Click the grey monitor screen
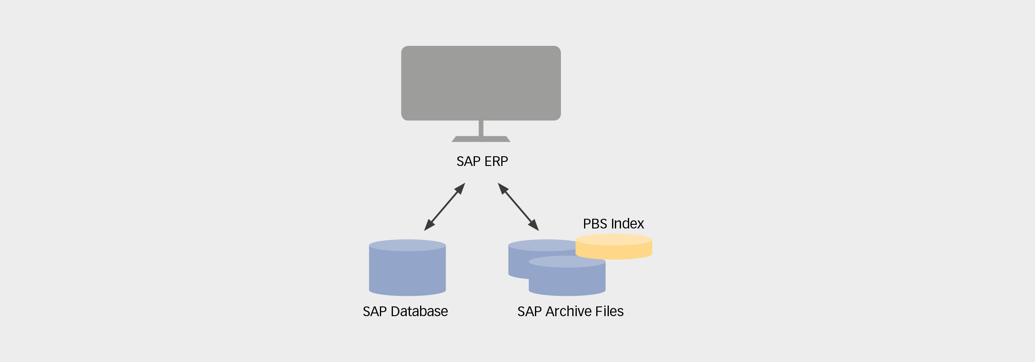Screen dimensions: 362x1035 point(481,83)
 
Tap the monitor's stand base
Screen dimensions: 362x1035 point(481,139)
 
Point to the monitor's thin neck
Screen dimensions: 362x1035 point(481,128)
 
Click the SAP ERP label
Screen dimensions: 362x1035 point(482,162)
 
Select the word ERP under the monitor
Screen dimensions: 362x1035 point(496,162)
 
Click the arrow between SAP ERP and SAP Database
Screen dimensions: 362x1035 point(444,207)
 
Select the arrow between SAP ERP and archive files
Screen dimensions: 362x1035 point(518,207)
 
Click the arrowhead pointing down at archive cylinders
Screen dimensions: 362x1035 point(534,226)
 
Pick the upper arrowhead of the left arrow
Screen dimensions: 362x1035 point(460,188)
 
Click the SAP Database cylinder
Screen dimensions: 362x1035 point(407,272)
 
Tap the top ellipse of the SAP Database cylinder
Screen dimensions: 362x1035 point(407,245)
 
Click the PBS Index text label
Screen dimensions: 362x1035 point(613,224)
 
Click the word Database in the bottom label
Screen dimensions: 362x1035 point(419,312)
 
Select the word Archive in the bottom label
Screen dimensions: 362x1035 point(568,312)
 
